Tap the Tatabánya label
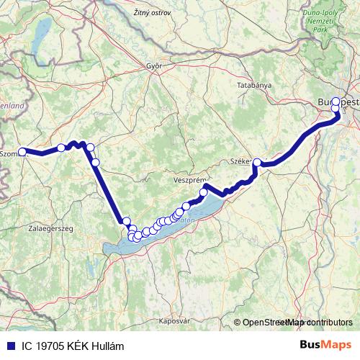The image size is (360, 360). click(255, 85)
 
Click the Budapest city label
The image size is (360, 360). click(338, 103)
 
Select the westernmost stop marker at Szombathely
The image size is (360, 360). click(22, 152)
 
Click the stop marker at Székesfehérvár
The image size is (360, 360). click(257, 163)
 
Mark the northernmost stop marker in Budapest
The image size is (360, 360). click(336, 102)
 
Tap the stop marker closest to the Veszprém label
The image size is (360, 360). click(204, 192)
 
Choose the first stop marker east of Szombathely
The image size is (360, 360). click(61, 148)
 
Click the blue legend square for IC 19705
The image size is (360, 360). click(8, 346)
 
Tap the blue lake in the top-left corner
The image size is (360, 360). click(40, 32)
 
